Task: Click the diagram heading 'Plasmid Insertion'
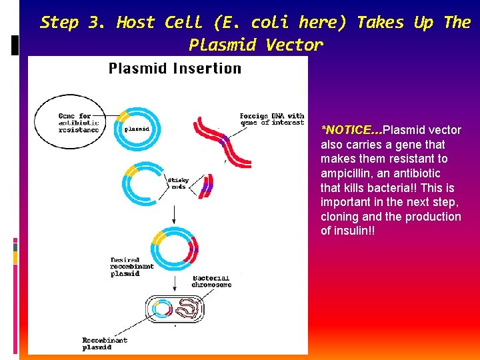click(175, 68)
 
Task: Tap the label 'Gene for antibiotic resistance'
click(79, 123)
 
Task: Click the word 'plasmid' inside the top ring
click(137, 129)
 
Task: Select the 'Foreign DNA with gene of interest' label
click(272, 119)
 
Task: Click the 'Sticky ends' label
click(178, 183)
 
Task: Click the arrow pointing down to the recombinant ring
click(174, 215)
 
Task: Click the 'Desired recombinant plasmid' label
click(132, 266)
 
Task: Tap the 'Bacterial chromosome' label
click(211, 281)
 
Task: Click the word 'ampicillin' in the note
click(345, 173)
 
